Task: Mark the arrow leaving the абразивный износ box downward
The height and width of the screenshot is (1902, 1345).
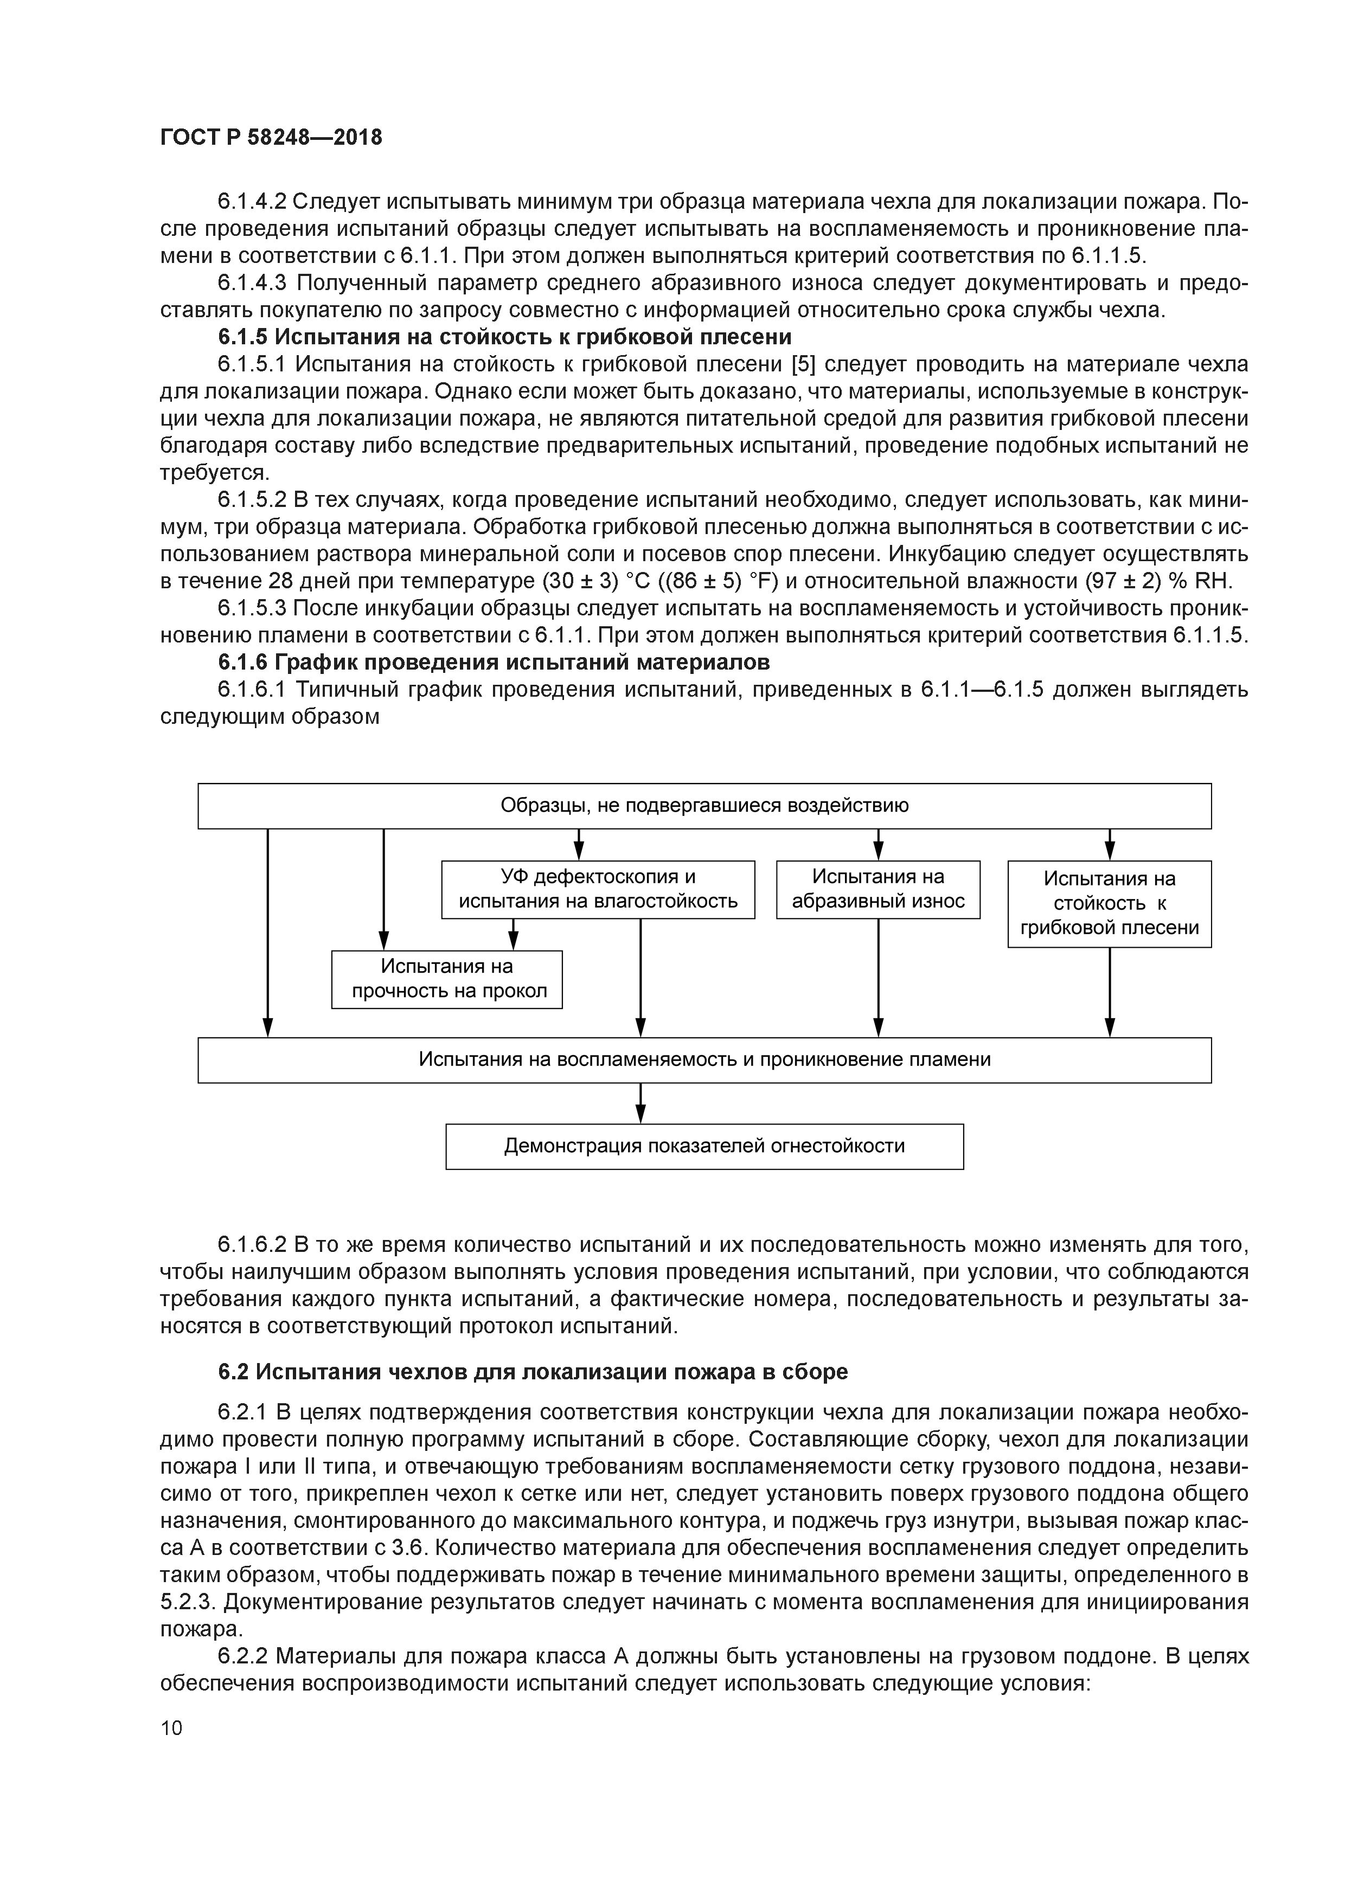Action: click(x=879, y=978)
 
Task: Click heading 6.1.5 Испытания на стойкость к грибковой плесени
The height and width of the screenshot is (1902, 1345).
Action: click(x=505, y=337)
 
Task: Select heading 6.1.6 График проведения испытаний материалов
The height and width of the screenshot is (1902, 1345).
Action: click(x=494, y=662)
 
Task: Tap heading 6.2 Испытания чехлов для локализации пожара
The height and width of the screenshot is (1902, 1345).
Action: click(x=533, y=1371)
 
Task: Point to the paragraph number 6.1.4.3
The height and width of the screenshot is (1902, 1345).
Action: click(x=252, y=284)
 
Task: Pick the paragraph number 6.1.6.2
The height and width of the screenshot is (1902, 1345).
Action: click(x=252, y=1244)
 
